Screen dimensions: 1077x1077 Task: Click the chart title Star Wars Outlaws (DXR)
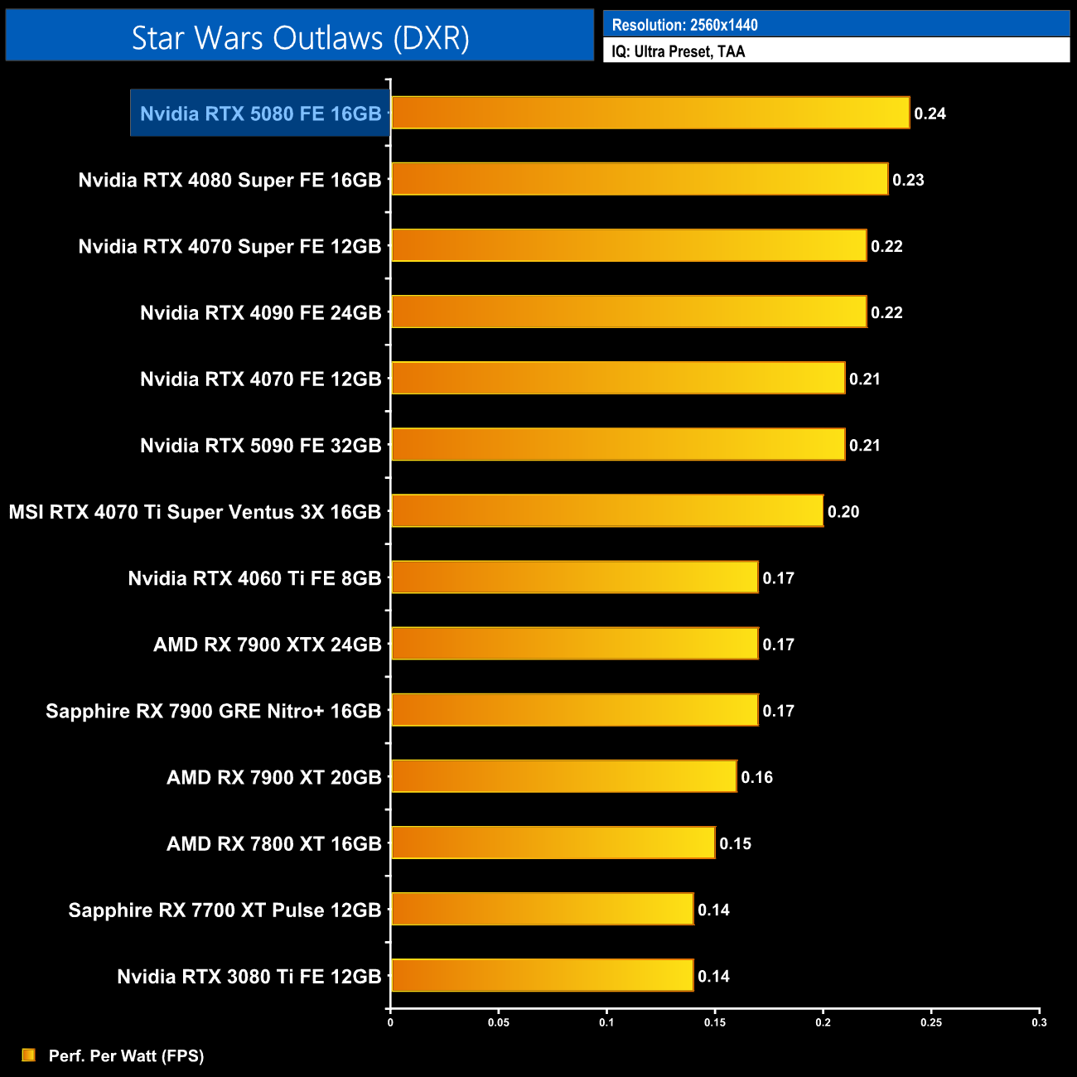coord(300,38)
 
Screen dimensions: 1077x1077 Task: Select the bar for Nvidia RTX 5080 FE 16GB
coord(650,113)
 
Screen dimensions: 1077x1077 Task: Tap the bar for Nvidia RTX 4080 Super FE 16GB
coord(640,179)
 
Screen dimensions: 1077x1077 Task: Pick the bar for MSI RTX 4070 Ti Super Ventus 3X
coord(607,511)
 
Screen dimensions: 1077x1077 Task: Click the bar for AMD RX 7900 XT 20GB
coord(563,776)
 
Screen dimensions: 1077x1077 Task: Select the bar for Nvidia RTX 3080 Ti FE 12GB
coord(542,975)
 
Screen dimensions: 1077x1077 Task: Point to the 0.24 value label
coord(930,113)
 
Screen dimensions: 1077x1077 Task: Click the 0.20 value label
coord(843,512)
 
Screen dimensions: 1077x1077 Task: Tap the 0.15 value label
coord(735,843)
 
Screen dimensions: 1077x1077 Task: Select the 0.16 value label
coord(756,777)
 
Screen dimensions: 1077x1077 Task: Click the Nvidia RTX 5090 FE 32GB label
coord(260,446)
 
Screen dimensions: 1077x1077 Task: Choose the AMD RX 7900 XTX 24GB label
coord(267,645)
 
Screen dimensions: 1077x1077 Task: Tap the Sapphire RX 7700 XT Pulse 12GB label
coord(225,910)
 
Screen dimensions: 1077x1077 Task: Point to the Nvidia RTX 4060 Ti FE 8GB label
coord(254,578)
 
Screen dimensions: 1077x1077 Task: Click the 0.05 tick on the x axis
coord(499,1022)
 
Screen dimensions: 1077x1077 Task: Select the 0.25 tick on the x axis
coord(931,1022)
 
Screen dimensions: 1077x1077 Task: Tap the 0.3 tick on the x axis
coord(1039,1022)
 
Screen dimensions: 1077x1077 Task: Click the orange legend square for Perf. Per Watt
coord(29,1055)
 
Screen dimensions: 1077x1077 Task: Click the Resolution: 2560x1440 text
coord(684,25)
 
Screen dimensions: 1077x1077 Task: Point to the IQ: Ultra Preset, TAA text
coord(678,51)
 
